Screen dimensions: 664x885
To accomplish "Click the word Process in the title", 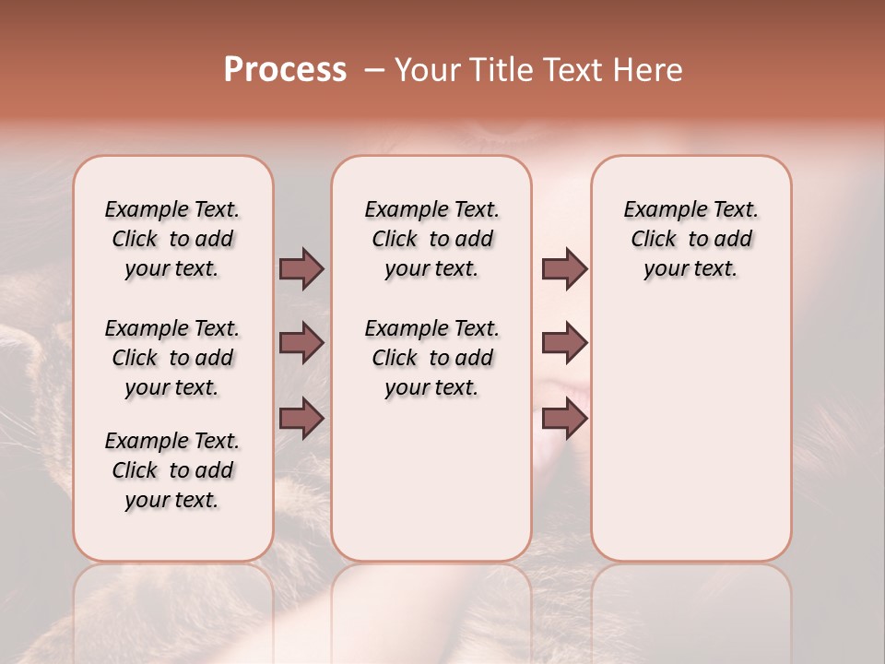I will point(285,70).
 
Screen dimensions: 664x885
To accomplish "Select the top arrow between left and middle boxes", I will point(301,268).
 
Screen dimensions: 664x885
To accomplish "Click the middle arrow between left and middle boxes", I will point(301,343).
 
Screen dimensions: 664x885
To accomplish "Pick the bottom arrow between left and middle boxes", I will point(301,418).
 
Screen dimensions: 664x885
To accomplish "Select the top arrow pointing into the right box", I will point(564,268).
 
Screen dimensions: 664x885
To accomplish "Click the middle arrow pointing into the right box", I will point(564,343).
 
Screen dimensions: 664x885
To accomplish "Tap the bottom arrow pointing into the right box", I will point(564,418).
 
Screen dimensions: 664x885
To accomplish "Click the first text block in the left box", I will point(172,239).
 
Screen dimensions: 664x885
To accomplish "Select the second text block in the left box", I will point(172,358).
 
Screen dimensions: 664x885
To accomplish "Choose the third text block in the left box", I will point(172,470).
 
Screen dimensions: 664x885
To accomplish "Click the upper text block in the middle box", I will point(432,239).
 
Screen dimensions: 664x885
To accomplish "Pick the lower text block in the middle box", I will point(432,358).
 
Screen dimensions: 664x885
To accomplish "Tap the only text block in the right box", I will point(691,239).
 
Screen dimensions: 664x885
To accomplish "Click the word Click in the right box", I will point(654,240).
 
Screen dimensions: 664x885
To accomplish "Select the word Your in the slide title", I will point(423,70).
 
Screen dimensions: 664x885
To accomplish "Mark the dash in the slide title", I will point(374,70).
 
